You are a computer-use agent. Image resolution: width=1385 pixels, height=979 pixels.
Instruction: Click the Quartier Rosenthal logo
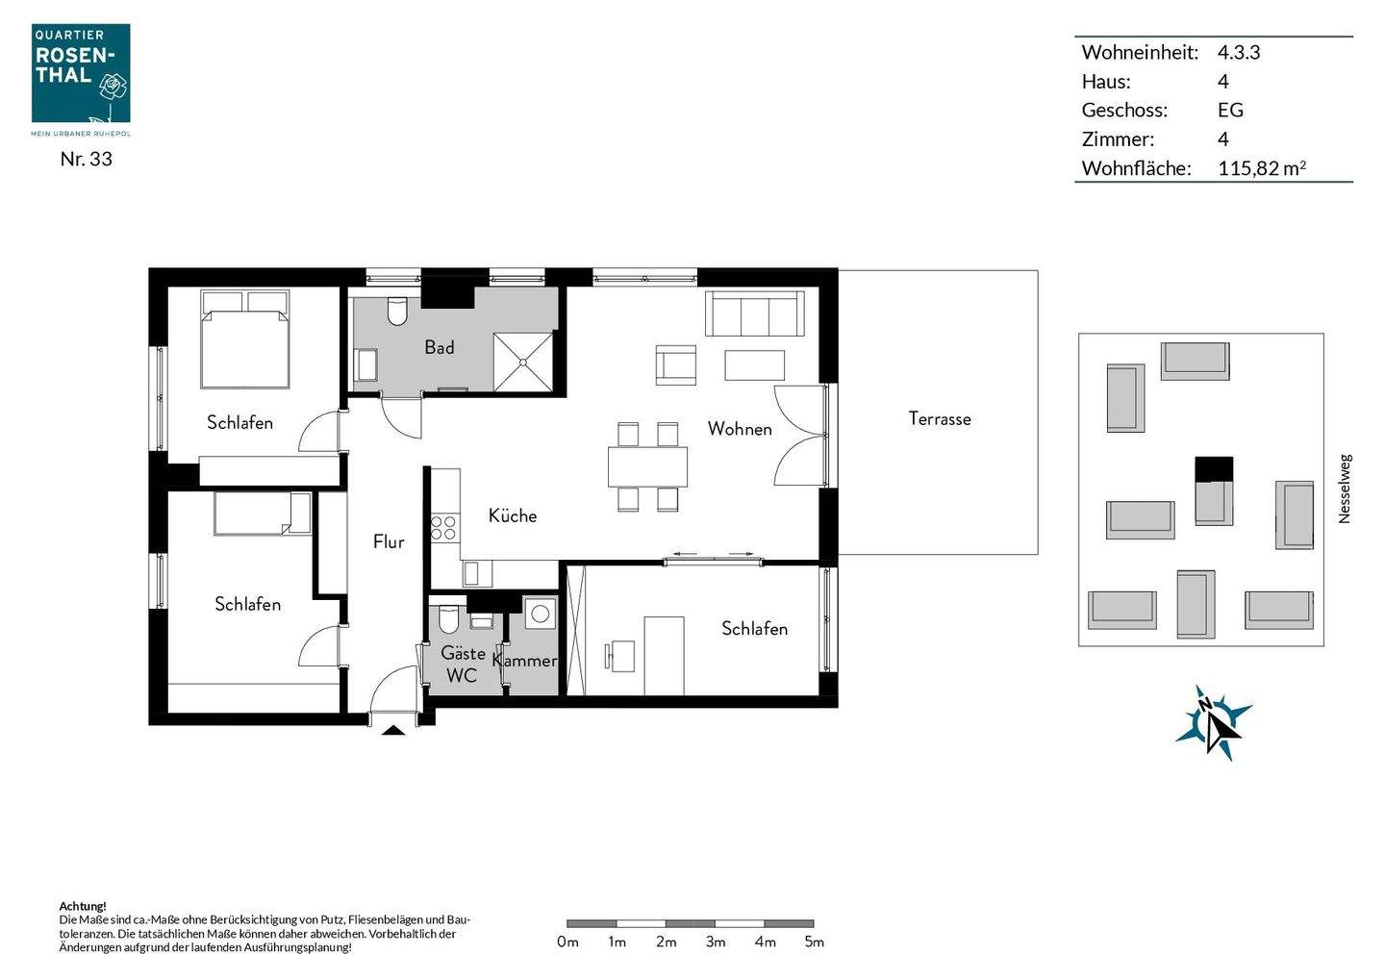click(x=81, y=74)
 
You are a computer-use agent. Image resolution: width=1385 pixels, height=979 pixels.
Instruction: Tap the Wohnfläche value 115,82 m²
click(x=1261, y=168)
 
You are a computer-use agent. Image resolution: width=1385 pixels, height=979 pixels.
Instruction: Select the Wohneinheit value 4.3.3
click(x=1238, y=52)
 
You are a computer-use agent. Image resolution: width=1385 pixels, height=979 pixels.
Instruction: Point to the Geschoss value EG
click(x=1230, y=110)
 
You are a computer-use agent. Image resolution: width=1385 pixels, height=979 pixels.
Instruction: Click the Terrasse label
click(x=939, y=418)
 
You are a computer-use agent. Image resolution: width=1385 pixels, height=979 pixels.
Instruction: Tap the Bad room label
click(x=440, y=347)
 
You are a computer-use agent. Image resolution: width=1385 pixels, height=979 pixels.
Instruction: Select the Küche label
click(x=512, y=515)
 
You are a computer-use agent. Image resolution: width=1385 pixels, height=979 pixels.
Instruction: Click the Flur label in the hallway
click(x=389, y=541)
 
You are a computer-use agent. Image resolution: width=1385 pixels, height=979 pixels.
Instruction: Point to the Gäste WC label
click(x=462, y=664)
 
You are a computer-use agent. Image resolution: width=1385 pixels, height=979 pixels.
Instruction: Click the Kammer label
click(x=525, y=660)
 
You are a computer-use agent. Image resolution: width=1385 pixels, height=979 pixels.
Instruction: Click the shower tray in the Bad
click(x=523, y=362)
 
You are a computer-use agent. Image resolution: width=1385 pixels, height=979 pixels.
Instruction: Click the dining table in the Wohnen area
click(x=647, y=466)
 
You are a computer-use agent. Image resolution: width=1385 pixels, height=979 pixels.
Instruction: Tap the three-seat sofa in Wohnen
click(x=754, y=314)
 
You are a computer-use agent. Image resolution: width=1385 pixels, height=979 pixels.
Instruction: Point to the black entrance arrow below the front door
click(x=392, y=732)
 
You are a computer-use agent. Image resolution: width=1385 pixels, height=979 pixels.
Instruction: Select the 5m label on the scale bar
click(x=814, y=941)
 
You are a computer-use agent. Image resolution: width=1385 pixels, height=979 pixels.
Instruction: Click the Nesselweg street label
click(x=1345, y=489)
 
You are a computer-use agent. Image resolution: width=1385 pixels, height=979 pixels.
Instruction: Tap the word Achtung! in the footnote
click(x=83, y=906)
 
